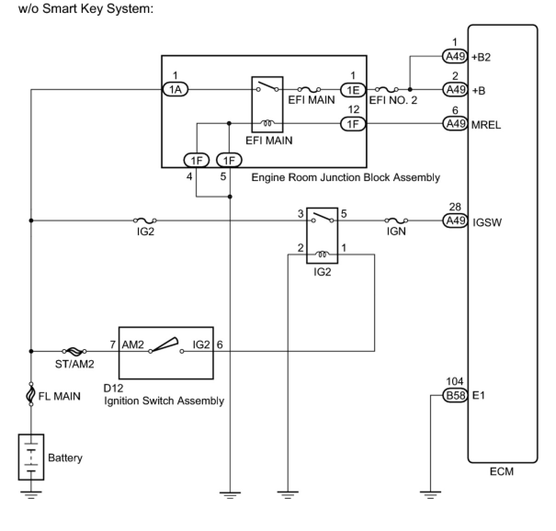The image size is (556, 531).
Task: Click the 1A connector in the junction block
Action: (176, 90)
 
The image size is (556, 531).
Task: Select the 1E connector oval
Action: (352, 90)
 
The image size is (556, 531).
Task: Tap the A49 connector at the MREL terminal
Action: (455, 124)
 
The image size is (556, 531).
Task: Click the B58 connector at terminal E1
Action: (455, 395)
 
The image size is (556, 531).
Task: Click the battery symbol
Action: (31, 457)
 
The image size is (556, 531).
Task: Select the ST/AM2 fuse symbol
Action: (74, 351)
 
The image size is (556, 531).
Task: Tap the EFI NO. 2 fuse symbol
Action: (386, 90)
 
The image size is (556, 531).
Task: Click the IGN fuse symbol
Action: (396, 220)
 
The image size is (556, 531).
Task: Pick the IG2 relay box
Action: (322, 236)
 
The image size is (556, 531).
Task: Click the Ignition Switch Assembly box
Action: (166, 353)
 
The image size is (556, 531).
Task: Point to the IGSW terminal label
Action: (487, 222)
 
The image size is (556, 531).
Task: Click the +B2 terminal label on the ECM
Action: (481, 57)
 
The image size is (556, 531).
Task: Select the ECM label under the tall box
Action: (501, 471)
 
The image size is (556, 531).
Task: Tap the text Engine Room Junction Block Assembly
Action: (346, 177)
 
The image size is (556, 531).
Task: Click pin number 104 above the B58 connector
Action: (454, 381)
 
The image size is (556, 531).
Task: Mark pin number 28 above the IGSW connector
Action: (455, 207)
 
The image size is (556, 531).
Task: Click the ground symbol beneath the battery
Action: (31, 494)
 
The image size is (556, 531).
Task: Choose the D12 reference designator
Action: (113, 388)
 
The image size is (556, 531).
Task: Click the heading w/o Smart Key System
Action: (85, 9)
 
